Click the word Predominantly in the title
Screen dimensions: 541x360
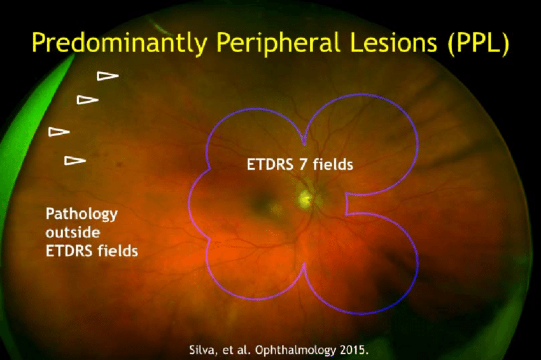(x=119, y=43)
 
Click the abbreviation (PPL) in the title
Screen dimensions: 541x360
(x=478, y=43)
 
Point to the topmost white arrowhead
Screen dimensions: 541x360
(x=108, y=76)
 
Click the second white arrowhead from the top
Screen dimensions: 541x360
(x=87, y=100)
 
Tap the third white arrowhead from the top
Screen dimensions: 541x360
(x=59, y=132)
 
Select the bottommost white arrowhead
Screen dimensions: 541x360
(x=75, y=160)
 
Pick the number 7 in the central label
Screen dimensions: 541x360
(x=303, y=165)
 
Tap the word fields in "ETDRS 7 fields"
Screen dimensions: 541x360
(x=333, y=164)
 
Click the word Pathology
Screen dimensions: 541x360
(x=81, y=214)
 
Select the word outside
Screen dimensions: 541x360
(x=73, y=232)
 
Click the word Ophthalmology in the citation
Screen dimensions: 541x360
(x=295, y=350)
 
